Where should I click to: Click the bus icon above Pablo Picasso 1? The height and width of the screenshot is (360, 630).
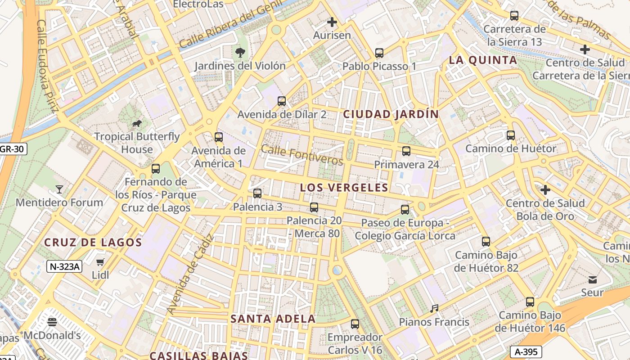(x=379, y=53)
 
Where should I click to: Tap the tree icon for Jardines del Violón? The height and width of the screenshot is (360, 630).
(x=240, y=53)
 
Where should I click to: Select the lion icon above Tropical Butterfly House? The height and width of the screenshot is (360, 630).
(x=137, y=123)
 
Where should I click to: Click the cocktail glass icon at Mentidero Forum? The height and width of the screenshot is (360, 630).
(x=59, y=189)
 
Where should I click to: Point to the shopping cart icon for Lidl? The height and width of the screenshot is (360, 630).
(x=100, y=262)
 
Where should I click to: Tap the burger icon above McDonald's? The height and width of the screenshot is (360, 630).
(x=52, y=322)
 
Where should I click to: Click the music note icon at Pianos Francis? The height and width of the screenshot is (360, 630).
(x=434, y=309)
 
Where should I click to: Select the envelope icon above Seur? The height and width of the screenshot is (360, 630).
(x=592, y=280)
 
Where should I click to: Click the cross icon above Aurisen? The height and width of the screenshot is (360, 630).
(x=332, y=22)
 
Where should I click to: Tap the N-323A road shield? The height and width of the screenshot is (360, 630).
(x=64, y=266)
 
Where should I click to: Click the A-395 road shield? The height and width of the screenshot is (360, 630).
(x=526, y=351)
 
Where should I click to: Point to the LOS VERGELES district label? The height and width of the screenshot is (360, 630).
(x=344, y=188)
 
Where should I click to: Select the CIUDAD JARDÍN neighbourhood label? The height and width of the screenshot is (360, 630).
(x=391, y=114)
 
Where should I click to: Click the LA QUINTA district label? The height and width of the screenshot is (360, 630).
(x=483, y=60)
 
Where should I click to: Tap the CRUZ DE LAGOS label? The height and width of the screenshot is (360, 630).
(x=93, y=243)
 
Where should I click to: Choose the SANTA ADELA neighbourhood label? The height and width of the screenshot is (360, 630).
(x=273, y=319)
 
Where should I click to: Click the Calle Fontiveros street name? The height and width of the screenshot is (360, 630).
(x=301, y=155)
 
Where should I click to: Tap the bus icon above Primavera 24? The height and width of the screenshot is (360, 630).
(x=406, y=151)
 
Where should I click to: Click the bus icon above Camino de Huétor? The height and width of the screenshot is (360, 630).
(x=511, y=135)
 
